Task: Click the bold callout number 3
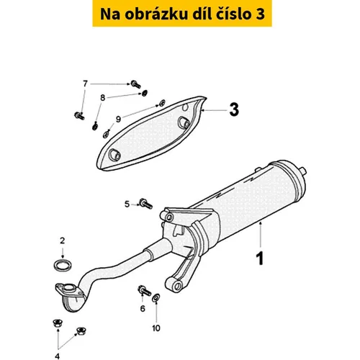click(x=234, y=109)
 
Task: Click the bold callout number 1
click(x=260, y=258)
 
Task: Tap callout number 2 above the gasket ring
click(x=63, y=240)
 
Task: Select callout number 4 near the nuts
click(x=57, y=356)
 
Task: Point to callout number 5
click(x=127, y=204)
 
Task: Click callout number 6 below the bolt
click(x=143, y=308)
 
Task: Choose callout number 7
click(x=85, y=84)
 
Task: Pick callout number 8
click(x=103, y=98)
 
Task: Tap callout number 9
click(x=118, y=119)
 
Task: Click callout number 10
click(x=156, y=328)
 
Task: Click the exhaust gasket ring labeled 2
click(x=63, y=266)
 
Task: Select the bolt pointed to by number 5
click(x=146, y=204)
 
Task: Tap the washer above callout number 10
click(x=156, y=297)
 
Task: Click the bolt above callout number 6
click(x=144, y=291)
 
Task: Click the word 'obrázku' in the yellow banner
click(x=156, y=14)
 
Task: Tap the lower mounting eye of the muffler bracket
click(x=176, y=286)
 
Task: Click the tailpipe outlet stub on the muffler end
click(x=302, y=171)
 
